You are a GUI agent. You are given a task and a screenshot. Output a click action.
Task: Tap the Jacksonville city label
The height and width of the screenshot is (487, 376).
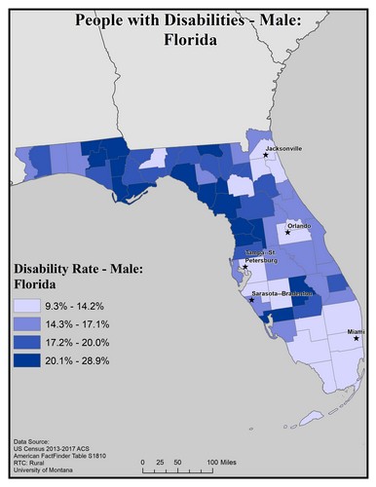(282, 148)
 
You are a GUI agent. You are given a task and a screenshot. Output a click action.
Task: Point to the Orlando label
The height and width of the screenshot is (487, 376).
(298, 225)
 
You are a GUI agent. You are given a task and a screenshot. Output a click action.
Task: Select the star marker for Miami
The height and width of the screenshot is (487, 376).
(356, 339)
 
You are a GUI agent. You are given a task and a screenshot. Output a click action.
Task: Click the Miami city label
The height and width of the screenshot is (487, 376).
(357, 331)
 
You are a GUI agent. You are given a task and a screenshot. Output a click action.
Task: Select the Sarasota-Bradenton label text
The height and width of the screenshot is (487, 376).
(280, 293)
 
